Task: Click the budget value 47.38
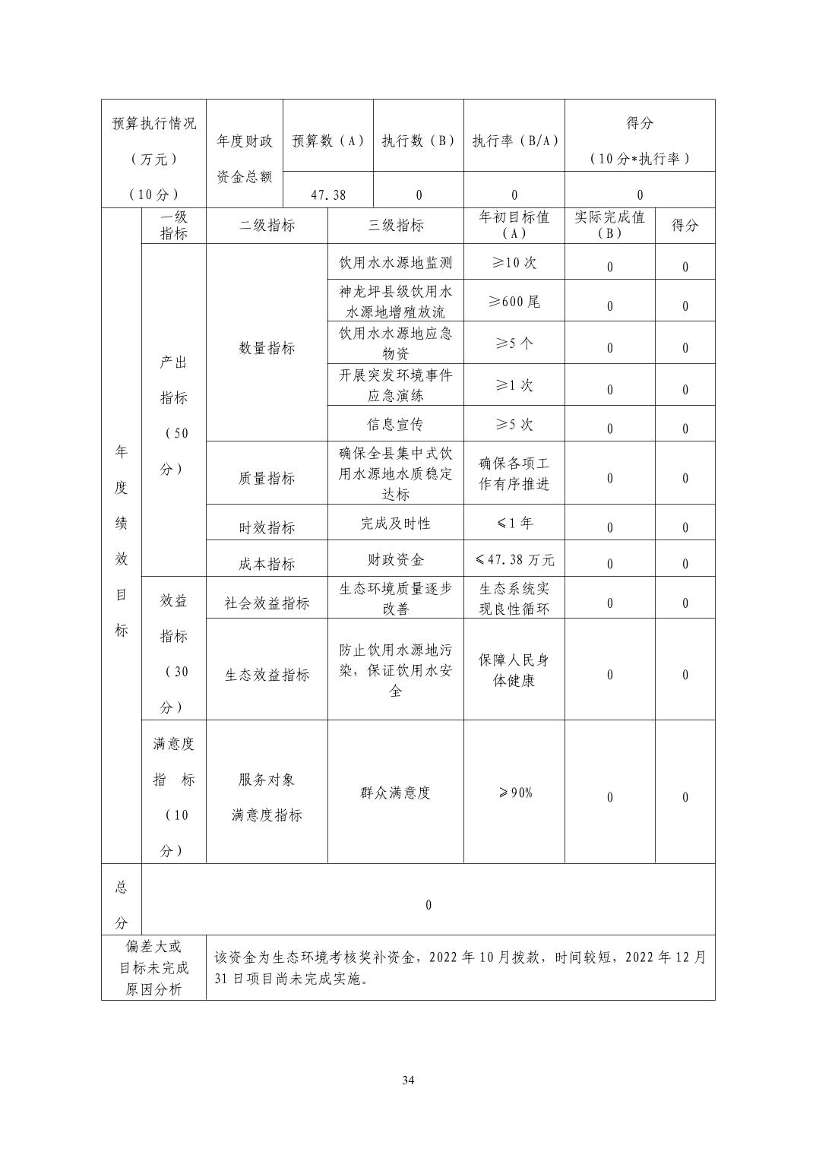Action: tap(328, 195)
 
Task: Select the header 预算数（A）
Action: tap(328, 141)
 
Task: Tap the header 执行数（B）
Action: tap(419, 141)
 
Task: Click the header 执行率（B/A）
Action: tap(515, 141)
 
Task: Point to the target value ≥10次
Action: tap(514, 262)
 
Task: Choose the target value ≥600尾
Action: tap(514, 301)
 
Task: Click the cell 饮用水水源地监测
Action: tap(396, 263)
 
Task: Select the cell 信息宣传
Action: tap(396, 424)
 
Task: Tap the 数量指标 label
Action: tap(267, 348)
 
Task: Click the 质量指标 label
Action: tap(267, 478)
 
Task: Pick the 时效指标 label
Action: tap(267, 527)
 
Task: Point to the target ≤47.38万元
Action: tap(514, 560)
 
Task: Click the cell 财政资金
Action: tap(396, 560)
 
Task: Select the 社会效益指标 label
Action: tap(267, 603)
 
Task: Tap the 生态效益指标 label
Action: tap(267, 675)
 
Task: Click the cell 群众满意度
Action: tap(396, 793)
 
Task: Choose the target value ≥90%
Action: tap(515, 793)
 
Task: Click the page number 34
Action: tap(408, 1080)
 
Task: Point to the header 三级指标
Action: tap(396, 225)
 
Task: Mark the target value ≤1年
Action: tap(514, 523)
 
